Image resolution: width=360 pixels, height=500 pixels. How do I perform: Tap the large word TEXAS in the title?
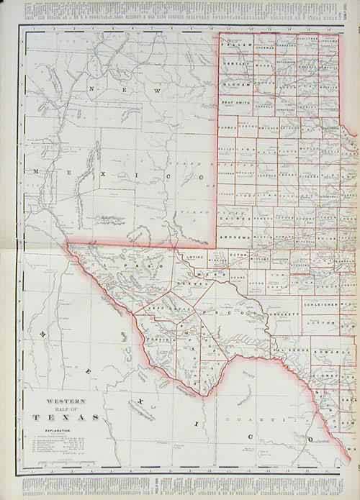point(66,417)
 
